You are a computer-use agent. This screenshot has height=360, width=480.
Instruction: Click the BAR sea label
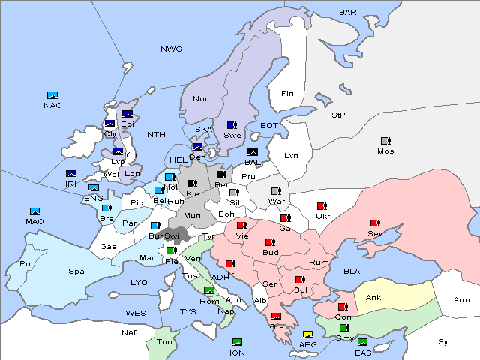[348, 13]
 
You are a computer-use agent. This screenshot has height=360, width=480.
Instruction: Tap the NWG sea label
[171, 49]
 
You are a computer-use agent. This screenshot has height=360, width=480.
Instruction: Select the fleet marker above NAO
[52, 95]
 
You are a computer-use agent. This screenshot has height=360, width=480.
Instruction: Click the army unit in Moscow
[385, 141]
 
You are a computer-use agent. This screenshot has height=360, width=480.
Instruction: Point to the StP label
[338, 115]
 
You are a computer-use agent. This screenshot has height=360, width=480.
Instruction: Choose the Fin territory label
[287, 94]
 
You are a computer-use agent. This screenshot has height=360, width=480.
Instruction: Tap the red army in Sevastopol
[374, 223]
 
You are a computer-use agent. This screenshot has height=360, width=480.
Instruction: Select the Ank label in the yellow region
[373, 298]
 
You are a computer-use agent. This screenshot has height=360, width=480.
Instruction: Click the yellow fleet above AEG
[307, 334]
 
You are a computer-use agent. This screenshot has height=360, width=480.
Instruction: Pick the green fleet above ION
[238, 343]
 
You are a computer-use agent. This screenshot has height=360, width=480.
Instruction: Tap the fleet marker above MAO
[34, 211]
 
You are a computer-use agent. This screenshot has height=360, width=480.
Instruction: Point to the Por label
[27, 264]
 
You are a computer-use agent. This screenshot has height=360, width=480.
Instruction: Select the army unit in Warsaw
[275, 191]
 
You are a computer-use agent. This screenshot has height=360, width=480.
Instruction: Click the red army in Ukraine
[321, 206]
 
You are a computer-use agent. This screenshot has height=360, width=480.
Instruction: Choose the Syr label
[445, 342]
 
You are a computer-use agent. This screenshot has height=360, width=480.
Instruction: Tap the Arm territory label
[462, 301]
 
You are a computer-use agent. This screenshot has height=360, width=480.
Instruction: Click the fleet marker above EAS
[363, 343]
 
